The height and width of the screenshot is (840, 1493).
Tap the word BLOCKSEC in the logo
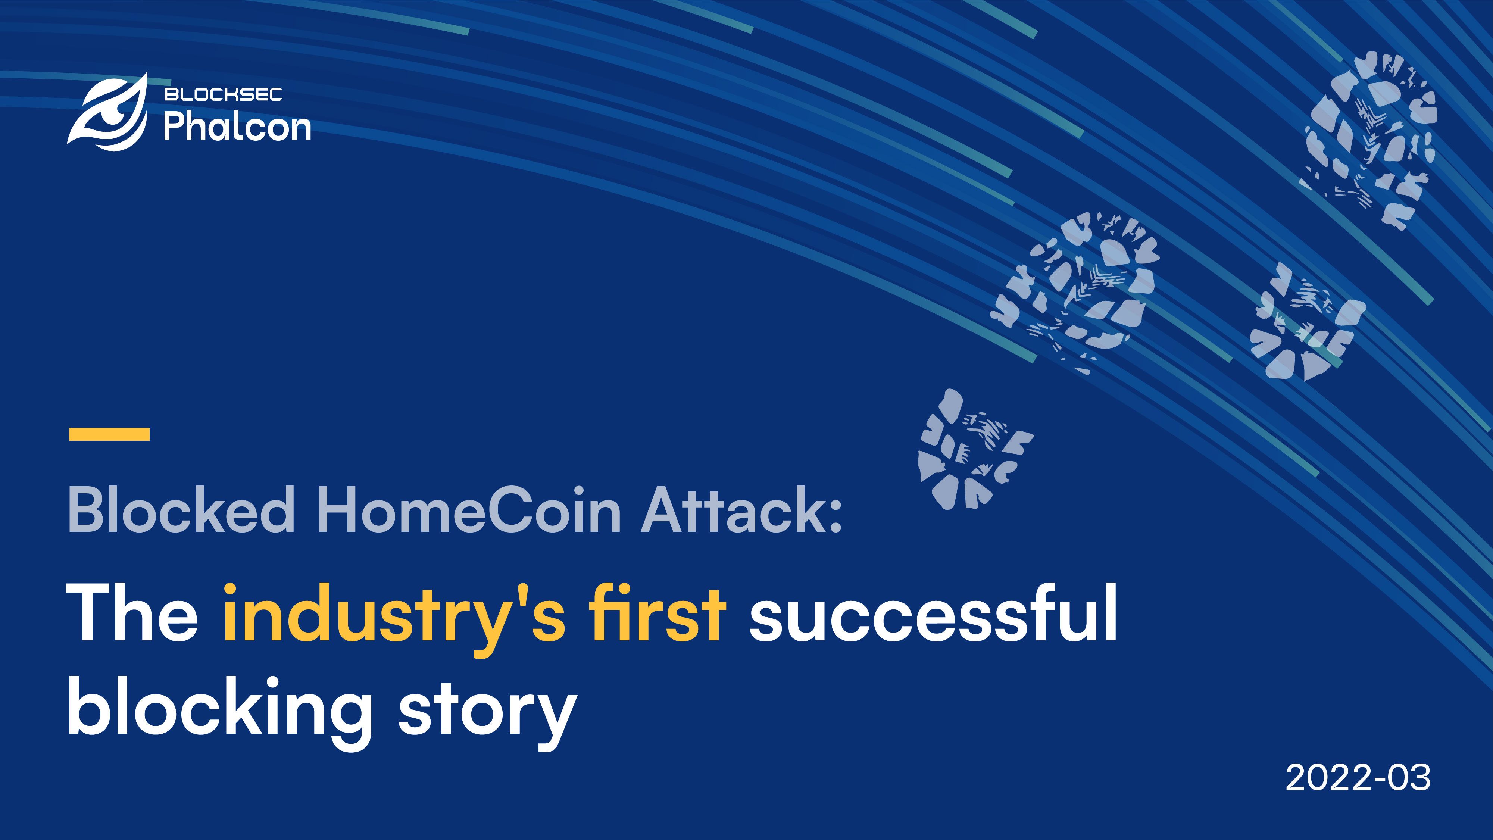point(223,94)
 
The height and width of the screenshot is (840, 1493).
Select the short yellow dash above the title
point(109,434)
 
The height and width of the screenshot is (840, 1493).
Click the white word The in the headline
point(133,613)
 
